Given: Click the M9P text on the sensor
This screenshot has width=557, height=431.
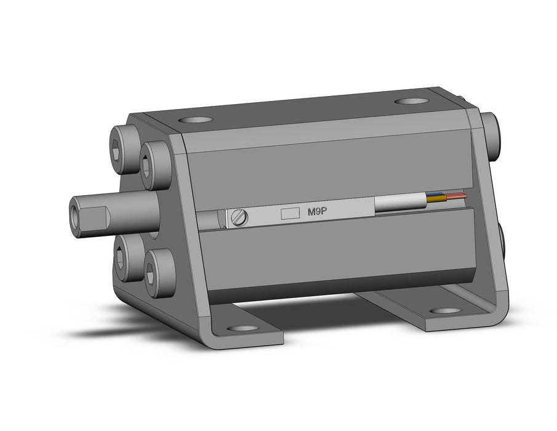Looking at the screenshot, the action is (317, 212).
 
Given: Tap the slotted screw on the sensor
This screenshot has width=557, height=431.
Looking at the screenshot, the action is (239, 217).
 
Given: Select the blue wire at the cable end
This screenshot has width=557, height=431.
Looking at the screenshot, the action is (435, 195).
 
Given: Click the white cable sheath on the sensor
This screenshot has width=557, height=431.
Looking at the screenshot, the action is (401, 204).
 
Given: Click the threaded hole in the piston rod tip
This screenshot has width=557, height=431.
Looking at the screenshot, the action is (75, 218).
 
